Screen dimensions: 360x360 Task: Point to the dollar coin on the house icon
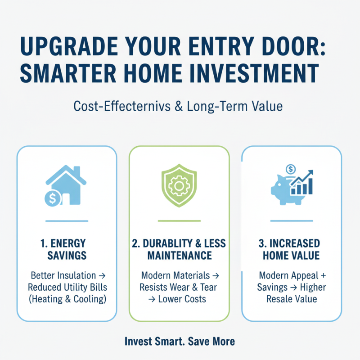click(x=52, y=198)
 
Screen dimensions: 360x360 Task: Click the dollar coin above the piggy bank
click(x=290, y=170)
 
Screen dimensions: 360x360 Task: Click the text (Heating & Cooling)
click(x=67, y=299)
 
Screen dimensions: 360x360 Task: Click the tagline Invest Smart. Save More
click(x=180, y=342)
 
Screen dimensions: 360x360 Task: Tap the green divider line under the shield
click(x=179, y=221)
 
